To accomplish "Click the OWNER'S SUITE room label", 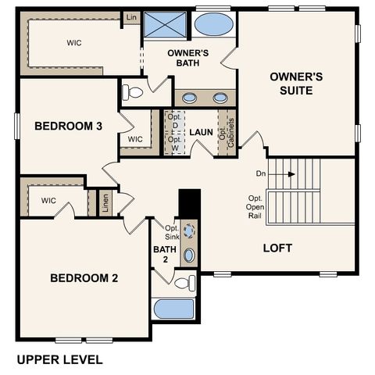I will click(x=291, y=84).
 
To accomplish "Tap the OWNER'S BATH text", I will click(x=187, y=60).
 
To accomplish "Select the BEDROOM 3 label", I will click(x=69, y=125).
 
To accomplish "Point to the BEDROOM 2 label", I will click(x=84, y=277).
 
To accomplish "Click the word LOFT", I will click(x=277, y=248).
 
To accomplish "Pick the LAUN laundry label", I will click(x=201, y=133).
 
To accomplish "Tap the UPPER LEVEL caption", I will click(x=59, y=360).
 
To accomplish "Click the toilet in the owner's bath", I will click(x=134, y=92).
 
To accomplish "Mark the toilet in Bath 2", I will click(x=184, y=282).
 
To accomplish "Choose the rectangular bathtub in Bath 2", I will click(x=173, y=308).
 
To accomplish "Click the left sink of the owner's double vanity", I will click(x=190, y=98).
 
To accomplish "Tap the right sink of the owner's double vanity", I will click(x=220, y=98).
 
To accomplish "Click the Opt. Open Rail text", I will click(x=255, y=206).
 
